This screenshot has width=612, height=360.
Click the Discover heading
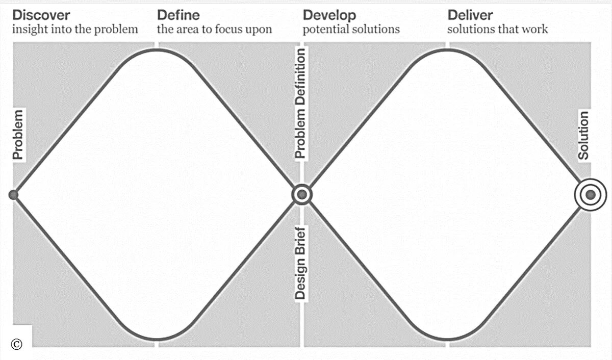(41, 15)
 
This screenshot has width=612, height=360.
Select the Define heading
(178, 15)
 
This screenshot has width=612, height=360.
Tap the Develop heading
(329, 15)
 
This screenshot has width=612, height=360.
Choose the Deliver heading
(470, 15)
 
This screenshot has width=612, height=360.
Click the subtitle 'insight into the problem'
(75, 29)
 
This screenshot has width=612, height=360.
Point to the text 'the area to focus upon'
(214, 29)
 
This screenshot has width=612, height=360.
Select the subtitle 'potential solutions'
(351, 29)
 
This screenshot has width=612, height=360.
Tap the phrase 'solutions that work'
(497, 29)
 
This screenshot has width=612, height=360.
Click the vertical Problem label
(18, 135)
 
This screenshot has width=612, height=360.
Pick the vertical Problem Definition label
(301, 104)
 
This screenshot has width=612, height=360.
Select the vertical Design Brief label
(301, 262)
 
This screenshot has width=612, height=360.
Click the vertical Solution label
(583, 136)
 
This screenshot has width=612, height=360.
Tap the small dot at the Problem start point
(14, 194)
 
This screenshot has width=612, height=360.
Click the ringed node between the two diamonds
(301, 194)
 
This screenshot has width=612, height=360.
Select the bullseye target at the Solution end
(591, 194)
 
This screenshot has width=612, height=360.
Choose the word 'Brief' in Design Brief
(301, 242)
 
